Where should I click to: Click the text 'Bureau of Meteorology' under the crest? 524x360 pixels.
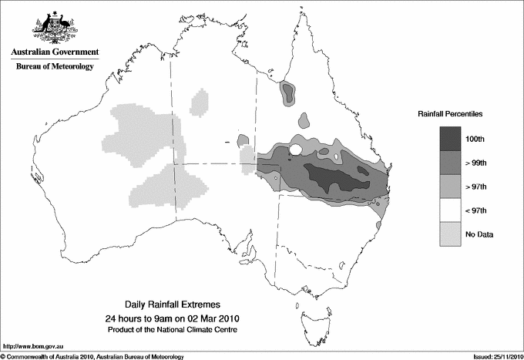tap(55, 67)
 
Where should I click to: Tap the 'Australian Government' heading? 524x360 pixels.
tap(54, 52)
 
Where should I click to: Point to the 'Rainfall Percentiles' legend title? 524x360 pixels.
tap(450, 114)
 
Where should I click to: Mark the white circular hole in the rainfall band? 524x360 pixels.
tap(294, 150)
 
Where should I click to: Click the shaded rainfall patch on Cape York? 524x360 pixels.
tap(288, 93)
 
